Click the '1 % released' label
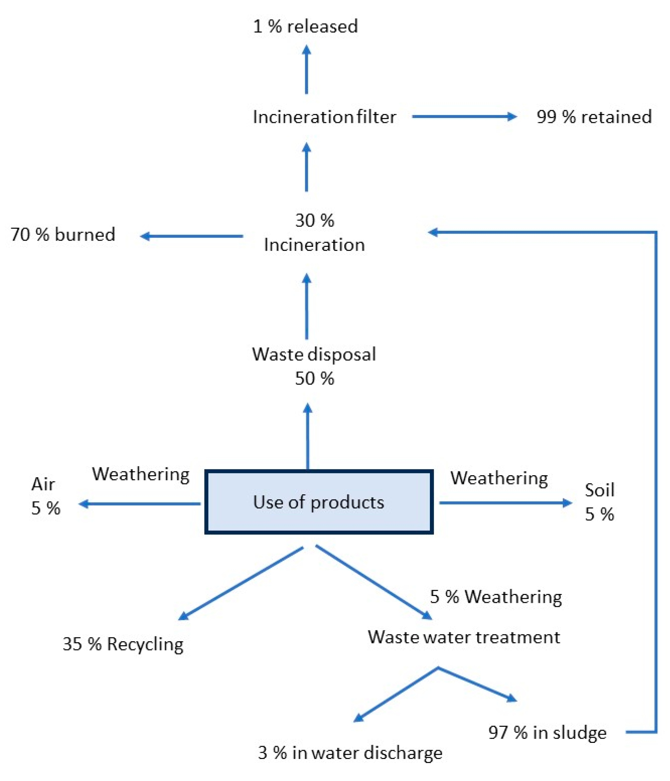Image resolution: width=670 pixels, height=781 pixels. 305,26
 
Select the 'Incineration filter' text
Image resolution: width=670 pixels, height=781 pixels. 324,117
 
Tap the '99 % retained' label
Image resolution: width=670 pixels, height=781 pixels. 594,117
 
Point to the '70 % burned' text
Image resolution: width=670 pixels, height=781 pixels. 62,234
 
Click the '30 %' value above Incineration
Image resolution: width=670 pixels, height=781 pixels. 314,221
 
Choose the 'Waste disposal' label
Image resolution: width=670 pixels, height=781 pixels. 314,354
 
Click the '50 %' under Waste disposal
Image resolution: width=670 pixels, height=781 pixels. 314,378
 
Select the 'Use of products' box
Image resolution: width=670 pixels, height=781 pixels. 319,502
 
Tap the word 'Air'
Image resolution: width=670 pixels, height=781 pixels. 43,485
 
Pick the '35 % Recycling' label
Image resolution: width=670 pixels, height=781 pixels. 123,644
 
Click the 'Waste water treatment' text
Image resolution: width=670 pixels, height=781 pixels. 464,637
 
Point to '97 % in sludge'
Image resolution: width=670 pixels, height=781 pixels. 547,732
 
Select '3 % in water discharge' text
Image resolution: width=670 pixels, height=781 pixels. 350,753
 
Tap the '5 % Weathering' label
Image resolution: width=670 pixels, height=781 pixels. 496,597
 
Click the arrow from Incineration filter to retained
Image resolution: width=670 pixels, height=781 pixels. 464,117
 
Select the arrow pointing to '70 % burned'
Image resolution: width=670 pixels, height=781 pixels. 192,236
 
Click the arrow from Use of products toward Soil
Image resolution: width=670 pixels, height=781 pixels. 506,503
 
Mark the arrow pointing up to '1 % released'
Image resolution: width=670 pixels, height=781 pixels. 306,70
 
